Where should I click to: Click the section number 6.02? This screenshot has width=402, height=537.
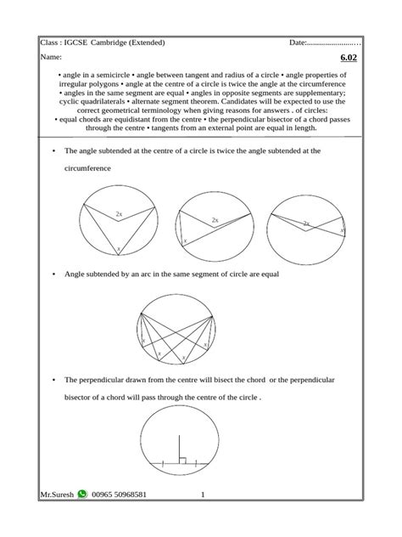(350, 58)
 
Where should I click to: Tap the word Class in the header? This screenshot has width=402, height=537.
(50, 42)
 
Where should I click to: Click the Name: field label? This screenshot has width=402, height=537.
(52, 58)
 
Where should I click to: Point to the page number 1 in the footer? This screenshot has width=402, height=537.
(203, 495)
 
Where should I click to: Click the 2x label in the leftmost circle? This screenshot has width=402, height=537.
(120, 215)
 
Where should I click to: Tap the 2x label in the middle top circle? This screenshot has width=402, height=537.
(215, 220)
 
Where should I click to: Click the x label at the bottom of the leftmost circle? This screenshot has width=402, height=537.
(119, 248)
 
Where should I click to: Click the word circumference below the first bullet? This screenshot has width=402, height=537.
(89, 169)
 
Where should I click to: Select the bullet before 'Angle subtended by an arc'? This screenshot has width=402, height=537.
(53, 274)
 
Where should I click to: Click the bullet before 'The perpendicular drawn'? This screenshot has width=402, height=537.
(53, 379)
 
